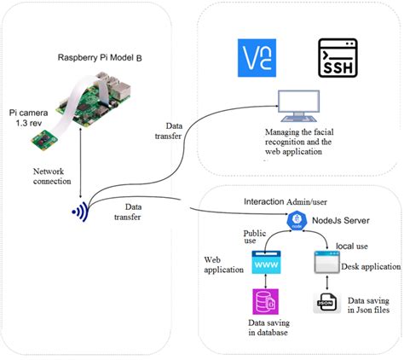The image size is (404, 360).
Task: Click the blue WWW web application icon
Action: coord(267,267)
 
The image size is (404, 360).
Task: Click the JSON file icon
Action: coord(325,305)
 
